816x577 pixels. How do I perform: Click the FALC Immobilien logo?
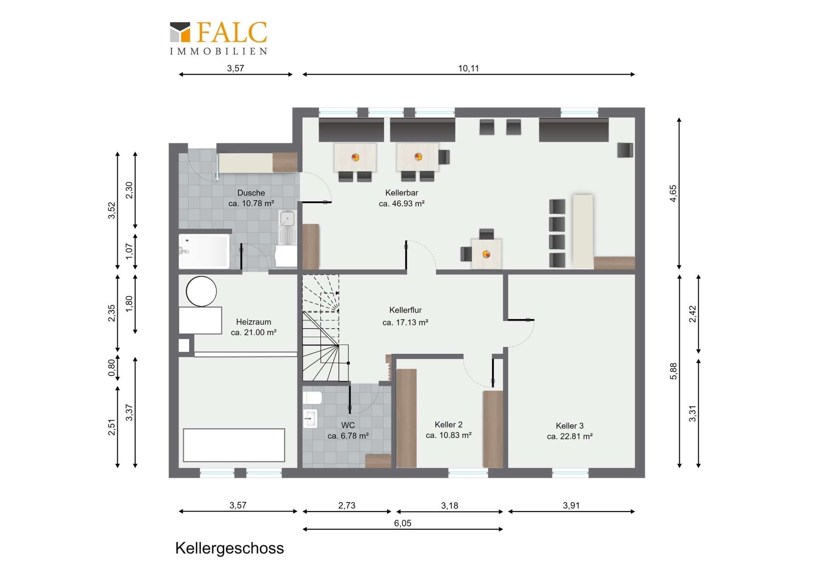point(218,38)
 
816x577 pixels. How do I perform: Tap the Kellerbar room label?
point(402,193)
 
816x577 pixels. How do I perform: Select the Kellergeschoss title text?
point(229,549)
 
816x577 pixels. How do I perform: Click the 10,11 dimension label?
point(468,68)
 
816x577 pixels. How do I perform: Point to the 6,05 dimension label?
point(402,523)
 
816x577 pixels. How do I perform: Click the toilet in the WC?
point(312,398)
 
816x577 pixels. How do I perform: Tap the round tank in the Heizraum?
point(201,291)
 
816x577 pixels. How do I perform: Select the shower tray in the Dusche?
point(204,251)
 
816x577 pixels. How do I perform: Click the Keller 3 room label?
point(569,426)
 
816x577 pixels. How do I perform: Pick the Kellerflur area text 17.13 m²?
point(405,323)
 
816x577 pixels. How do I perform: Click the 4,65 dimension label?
point(673,193)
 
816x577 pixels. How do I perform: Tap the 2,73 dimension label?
point(347,506)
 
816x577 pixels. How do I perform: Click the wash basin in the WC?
point(310,418)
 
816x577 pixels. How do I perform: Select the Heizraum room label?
point(253,322)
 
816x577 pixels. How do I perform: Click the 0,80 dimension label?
point(111,368)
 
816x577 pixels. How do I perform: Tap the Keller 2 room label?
point(448,425)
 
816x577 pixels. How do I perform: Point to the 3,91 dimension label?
point(571,506)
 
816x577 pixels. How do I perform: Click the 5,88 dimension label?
point(673,371)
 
